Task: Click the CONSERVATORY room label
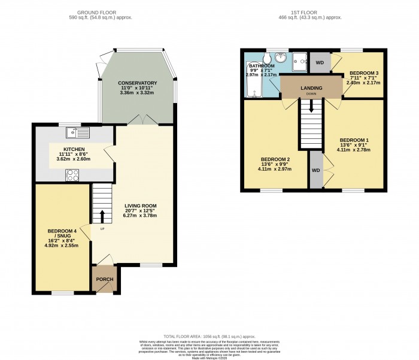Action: [x=137, y=83]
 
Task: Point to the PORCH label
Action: [x=105, y=280]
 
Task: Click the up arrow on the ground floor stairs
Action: [x=102, y=216]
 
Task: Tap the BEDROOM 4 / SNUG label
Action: [x=62, y=234]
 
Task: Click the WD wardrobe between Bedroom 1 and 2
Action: [x=315, y=170]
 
